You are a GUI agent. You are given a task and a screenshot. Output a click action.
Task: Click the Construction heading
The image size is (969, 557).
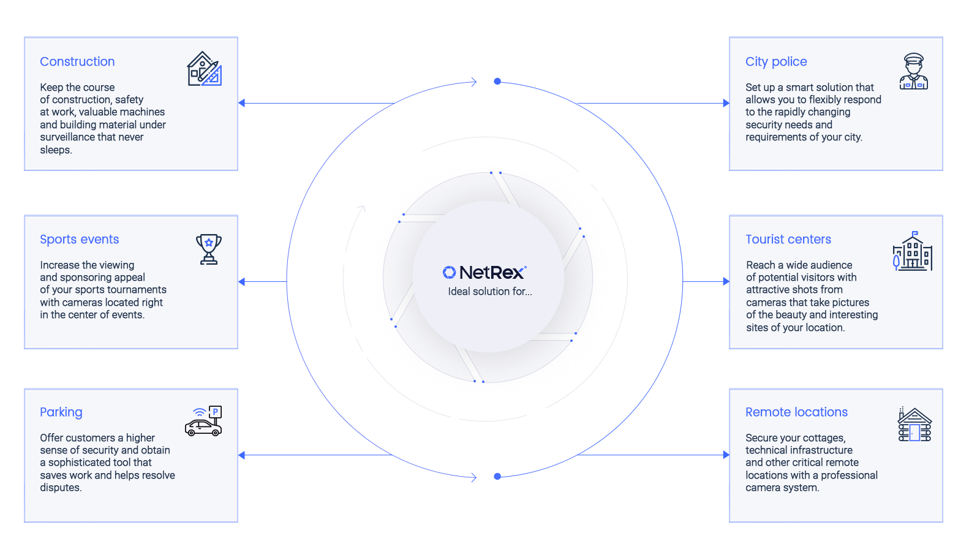point(77,62)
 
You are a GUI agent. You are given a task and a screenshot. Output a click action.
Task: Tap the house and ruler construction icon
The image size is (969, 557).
point(204,69)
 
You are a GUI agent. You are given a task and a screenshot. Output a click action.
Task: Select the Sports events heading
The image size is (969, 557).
point(79,240)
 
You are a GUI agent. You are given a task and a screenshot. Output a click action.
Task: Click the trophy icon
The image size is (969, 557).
point(208,249)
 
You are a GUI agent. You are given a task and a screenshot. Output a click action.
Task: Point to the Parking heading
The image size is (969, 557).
point(61,412)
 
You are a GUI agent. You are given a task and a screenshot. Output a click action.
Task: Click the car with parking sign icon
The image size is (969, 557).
point(203,422)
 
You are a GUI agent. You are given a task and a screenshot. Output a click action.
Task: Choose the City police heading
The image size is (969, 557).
point(775,62)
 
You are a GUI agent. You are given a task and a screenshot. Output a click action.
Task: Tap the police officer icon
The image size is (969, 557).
point(913,72)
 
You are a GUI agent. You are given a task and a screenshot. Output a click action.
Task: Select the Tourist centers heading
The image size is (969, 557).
point(788,240)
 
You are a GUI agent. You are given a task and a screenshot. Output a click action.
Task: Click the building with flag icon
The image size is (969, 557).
point(912,251)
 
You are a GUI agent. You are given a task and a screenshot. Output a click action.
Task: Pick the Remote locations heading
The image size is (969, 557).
point(796,412)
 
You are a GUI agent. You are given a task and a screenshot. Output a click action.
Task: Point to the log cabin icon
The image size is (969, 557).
point(914,425)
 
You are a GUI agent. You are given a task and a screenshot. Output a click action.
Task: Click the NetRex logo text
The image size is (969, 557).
point(492,273)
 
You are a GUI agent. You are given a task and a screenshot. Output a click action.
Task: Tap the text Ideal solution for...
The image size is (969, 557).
point(489,292)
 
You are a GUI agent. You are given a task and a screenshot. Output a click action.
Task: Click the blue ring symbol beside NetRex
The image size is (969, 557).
point(449,272)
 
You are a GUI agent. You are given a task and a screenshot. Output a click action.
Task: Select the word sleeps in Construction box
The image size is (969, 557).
point(55,150)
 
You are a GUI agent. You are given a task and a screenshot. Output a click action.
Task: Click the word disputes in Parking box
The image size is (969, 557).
point(60,488)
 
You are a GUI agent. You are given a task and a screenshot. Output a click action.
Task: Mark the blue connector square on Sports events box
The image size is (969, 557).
point(241,282)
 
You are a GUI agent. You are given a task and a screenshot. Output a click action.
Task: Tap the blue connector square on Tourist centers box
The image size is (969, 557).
point(726,282)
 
